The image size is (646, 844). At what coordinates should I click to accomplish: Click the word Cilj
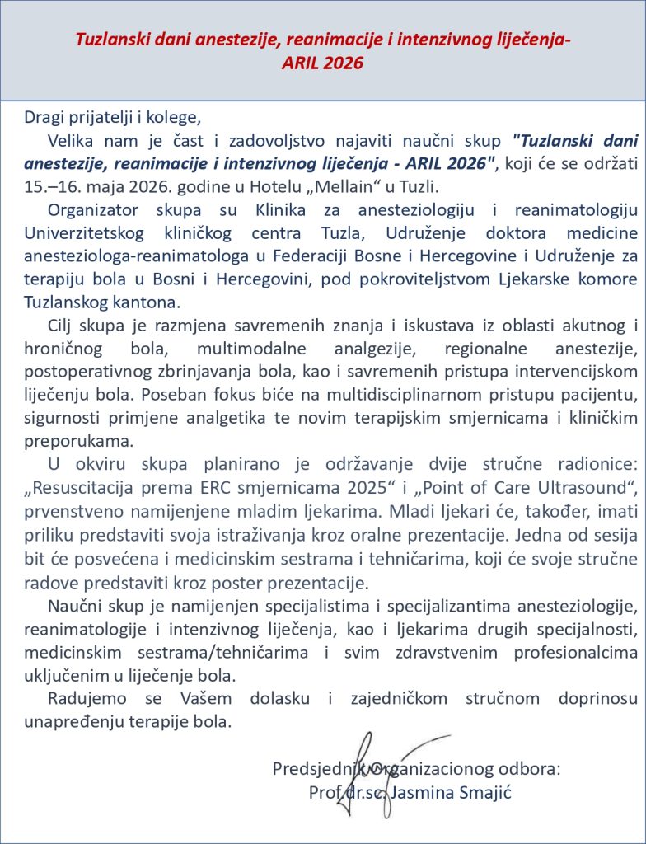click(x=63, y=324)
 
